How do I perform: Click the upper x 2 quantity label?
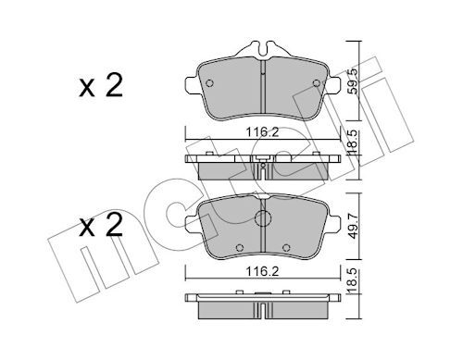[101, 86]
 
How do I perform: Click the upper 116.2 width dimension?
[262, 132]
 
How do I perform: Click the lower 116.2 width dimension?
[262, 271]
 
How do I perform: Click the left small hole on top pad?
[209, 83]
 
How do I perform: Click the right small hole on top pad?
[317, 83]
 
